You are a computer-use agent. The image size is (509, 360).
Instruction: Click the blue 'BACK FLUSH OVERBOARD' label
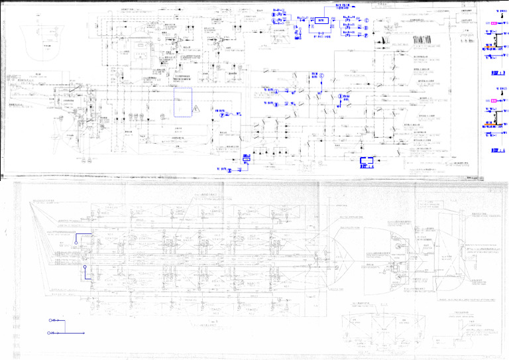(347, 6)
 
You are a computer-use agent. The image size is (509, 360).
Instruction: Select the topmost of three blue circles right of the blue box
(366, 19)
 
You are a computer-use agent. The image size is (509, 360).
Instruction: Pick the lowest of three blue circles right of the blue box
(366, 35)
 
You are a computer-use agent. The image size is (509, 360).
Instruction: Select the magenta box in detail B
(493, 23)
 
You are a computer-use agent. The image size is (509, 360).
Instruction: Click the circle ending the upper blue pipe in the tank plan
(76, 243)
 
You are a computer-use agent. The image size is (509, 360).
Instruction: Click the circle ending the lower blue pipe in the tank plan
(85, 268)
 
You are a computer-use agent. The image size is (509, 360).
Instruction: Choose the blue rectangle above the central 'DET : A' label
(367, 160)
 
